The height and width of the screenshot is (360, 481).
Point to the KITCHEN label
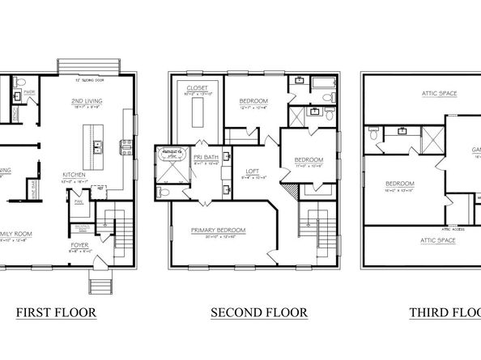click(x=75, y=174)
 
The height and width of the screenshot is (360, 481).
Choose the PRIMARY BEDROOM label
click(x=219, y=231)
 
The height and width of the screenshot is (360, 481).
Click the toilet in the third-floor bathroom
click(x=372, y=138)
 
